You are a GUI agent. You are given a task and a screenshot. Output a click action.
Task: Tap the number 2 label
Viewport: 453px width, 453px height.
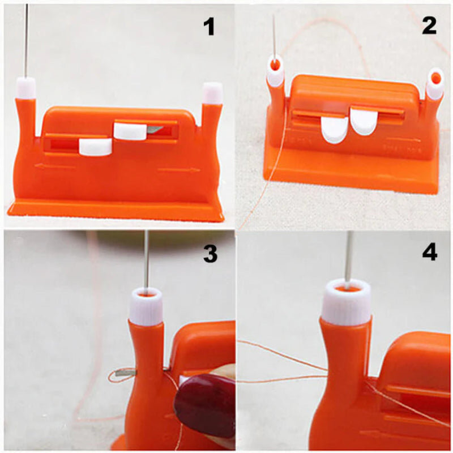429,25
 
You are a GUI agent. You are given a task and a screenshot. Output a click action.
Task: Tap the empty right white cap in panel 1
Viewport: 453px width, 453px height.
212,93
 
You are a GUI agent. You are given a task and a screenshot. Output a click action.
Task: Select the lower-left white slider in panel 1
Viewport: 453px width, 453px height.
95,147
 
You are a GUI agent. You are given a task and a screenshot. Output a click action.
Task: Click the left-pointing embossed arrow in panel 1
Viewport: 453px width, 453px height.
54,166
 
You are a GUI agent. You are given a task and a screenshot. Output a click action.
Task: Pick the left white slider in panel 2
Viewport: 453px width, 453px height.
334,128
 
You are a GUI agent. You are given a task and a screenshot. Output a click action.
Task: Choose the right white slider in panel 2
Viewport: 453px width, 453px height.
362,122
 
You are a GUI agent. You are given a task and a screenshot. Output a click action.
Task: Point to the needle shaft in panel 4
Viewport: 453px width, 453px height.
349,255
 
